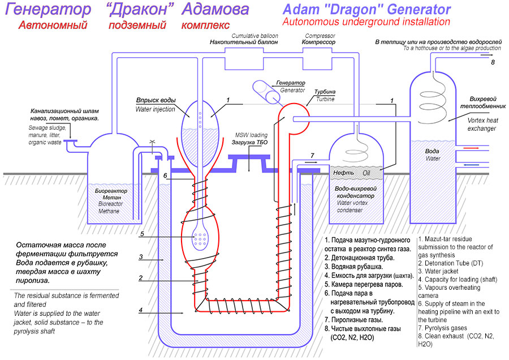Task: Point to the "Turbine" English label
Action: pyautogui.click(x=325, y=99)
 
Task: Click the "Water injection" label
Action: pyautogui.click(x=156, y=109)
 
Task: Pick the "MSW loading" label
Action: pyautogui.click(x=248, y=135)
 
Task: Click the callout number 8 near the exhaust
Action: pyautogui.click(x=493, y=62)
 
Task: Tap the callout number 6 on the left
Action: pyautogui.click(x=165, y=176)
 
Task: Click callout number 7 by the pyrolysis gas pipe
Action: pyautogui.click(x=312, y=155)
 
